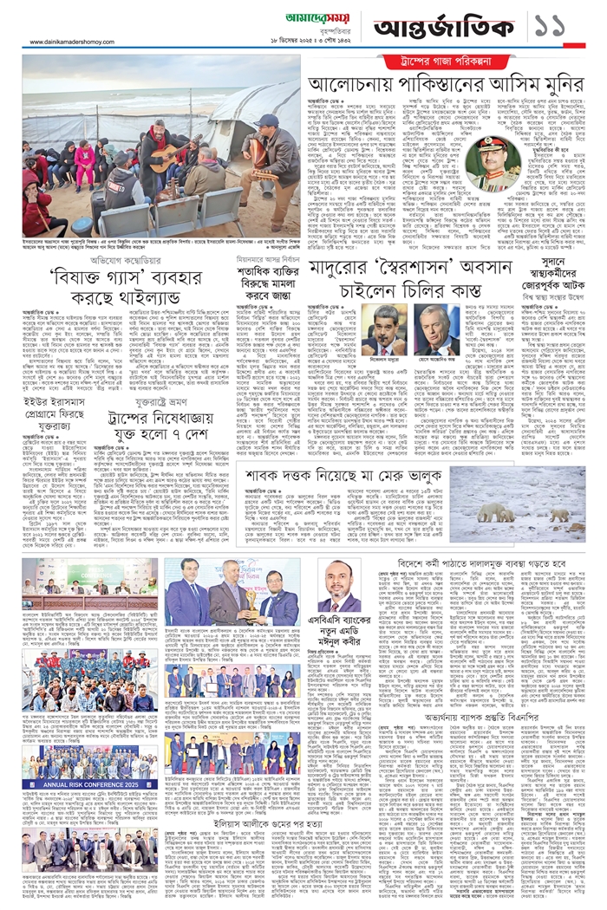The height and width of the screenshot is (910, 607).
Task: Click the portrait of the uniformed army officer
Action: coord(493,161)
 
